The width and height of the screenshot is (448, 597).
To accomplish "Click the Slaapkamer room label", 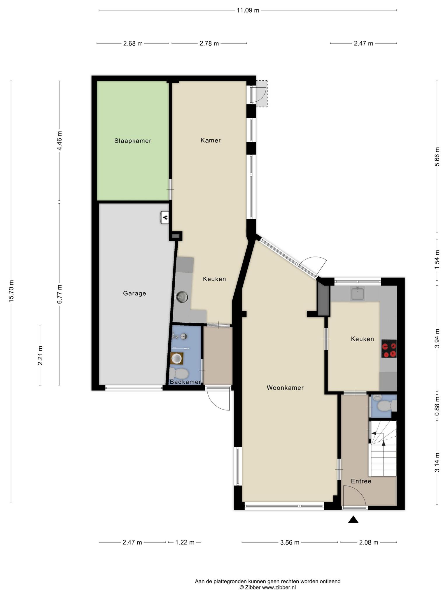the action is [x=133, y=141].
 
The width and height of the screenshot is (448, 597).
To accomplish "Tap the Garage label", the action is [x=134, y=294].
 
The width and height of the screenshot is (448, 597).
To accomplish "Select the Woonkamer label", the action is [x=285, y=388].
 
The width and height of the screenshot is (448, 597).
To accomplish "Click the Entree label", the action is [x=361, y=481].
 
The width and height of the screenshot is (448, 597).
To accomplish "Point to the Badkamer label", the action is [x=185, y=382].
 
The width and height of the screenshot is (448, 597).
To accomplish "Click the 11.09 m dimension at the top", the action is [x=248, y=10].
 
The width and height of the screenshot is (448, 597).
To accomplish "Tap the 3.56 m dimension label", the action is [x=290, y=542].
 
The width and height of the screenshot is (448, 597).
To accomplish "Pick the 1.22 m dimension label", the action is [x=185, y=542].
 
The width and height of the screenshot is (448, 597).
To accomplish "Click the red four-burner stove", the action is [x=389, y=348].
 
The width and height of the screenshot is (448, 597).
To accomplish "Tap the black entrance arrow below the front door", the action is [x=353, y=519].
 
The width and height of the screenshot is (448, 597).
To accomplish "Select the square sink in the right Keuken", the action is [x=357, y=293].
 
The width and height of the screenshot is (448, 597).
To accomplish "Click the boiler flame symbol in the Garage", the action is [x=165, y=217].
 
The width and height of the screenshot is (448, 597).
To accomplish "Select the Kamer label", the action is [x=211, y=141].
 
